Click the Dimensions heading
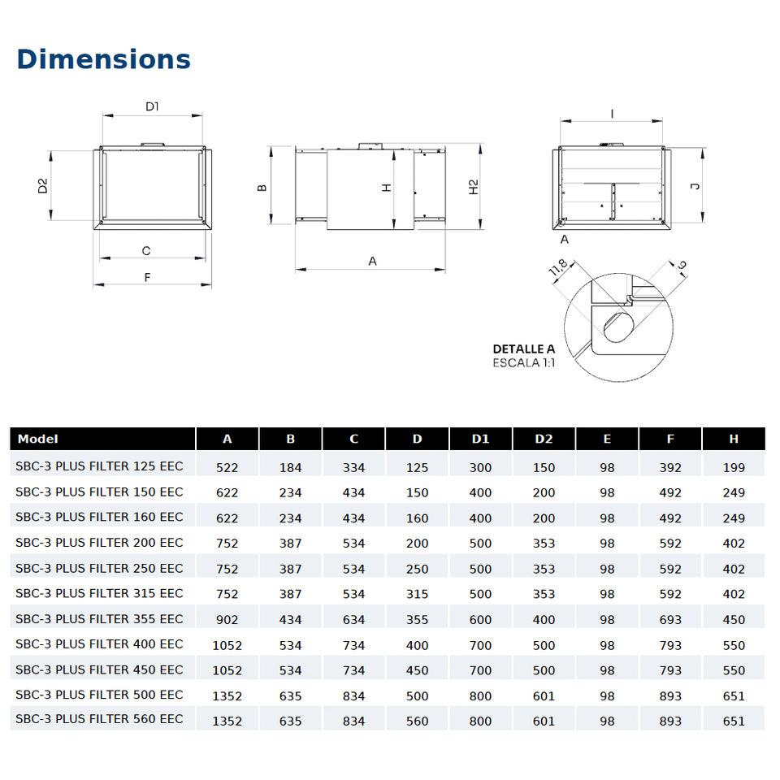coord(103,59)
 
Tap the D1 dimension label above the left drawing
coord(152,106)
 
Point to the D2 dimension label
coord(43,185)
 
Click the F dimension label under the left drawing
coord(147,278)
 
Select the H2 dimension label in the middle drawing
coord(473,187)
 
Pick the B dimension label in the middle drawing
coord(262,188)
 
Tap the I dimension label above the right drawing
coord(612,114)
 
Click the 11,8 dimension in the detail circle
coord(557,267)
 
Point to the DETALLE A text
coord(524,349)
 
